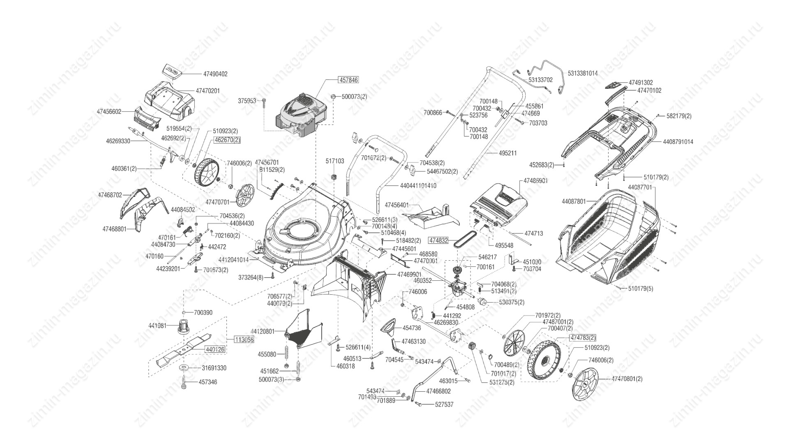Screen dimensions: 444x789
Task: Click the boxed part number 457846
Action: point(348,80)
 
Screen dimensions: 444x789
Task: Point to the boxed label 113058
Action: point(244,340)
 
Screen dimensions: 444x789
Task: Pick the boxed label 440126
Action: point(215,349)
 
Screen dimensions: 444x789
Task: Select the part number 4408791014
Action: point(678,142)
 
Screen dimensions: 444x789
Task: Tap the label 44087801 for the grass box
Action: point(574,201)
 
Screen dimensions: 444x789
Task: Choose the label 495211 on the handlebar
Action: point(508,153)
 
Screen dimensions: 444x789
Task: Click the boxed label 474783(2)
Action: point(582,338)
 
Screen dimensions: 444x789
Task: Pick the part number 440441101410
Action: point(418,186)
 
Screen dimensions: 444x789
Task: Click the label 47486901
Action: point(535,181)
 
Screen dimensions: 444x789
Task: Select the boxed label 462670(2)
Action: point(227,140)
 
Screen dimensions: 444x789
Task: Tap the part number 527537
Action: point(444,405)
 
